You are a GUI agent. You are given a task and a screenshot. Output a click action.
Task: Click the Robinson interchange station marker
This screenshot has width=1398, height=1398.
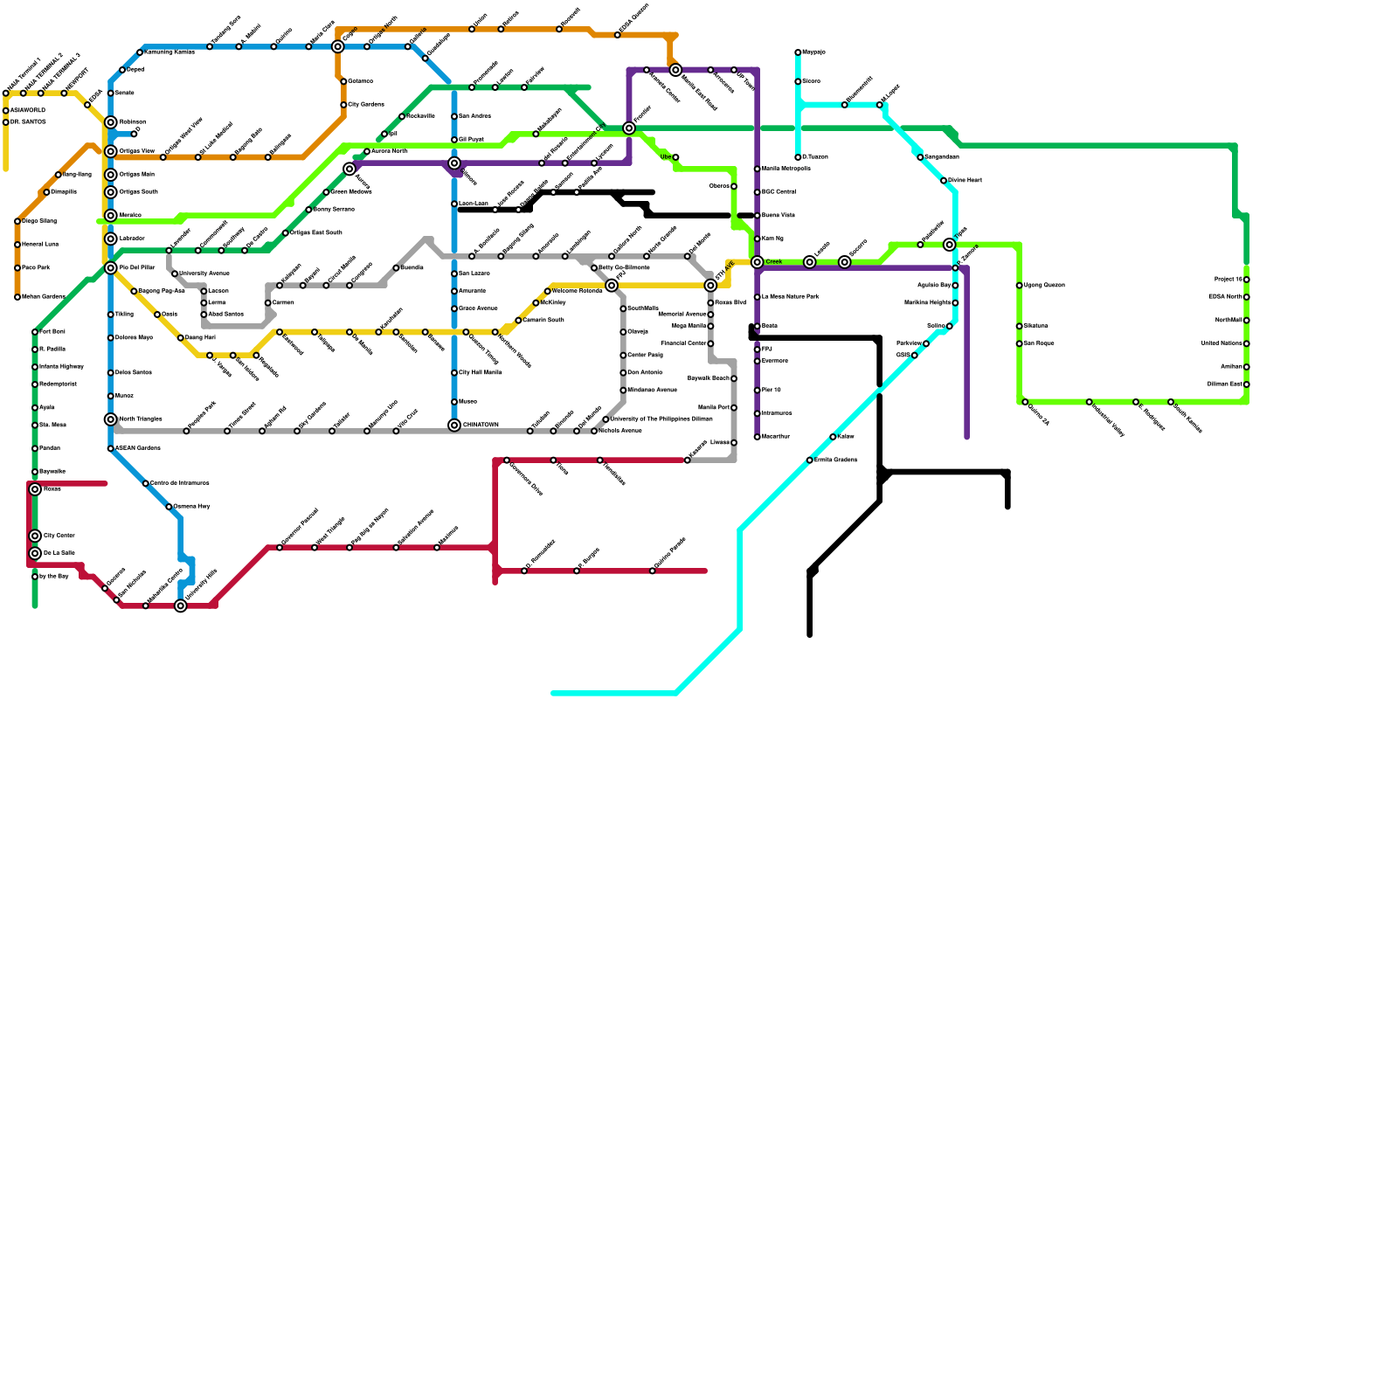111,122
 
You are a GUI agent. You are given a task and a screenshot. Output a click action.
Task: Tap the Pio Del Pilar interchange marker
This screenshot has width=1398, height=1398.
111,268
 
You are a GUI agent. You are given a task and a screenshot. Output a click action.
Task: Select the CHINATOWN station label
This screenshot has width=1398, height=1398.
481,426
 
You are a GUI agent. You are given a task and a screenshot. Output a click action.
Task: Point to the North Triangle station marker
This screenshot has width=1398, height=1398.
111,419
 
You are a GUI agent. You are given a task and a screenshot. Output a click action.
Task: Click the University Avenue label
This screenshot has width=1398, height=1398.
204,273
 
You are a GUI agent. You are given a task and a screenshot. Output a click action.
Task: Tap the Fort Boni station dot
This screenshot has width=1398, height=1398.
35,332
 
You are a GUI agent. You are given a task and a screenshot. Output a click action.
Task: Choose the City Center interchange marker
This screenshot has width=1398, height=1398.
35,536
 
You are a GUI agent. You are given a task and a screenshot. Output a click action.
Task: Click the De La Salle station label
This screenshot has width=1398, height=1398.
59,553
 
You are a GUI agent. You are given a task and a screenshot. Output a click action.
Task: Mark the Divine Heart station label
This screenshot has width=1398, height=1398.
965,181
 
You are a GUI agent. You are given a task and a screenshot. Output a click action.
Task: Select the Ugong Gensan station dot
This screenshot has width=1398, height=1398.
1019,286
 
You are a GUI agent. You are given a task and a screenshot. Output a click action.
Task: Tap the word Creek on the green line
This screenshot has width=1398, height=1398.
773,262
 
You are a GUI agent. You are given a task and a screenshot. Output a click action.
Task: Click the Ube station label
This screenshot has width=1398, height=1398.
666,157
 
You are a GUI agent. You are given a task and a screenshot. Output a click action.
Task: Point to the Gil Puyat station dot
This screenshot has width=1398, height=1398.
454,140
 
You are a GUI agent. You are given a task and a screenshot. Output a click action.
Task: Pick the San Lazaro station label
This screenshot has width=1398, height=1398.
474,273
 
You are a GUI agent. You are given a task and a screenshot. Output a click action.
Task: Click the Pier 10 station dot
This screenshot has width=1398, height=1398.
758,391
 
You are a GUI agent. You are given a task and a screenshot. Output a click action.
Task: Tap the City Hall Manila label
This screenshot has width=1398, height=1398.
480,373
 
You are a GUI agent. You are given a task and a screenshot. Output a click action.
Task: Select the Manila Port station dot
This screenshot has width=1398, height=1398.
734,408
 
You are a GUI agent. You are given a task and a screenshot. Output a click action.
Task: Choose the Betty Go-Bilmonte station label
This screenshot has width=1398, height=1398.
624,267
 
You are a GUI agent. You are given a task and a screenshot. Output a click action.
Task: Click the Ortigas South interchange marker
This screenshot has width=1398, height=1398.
111,192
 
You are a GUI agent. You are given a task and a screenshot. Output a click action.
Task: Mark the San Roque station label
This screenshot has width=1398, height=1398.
1039,343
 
